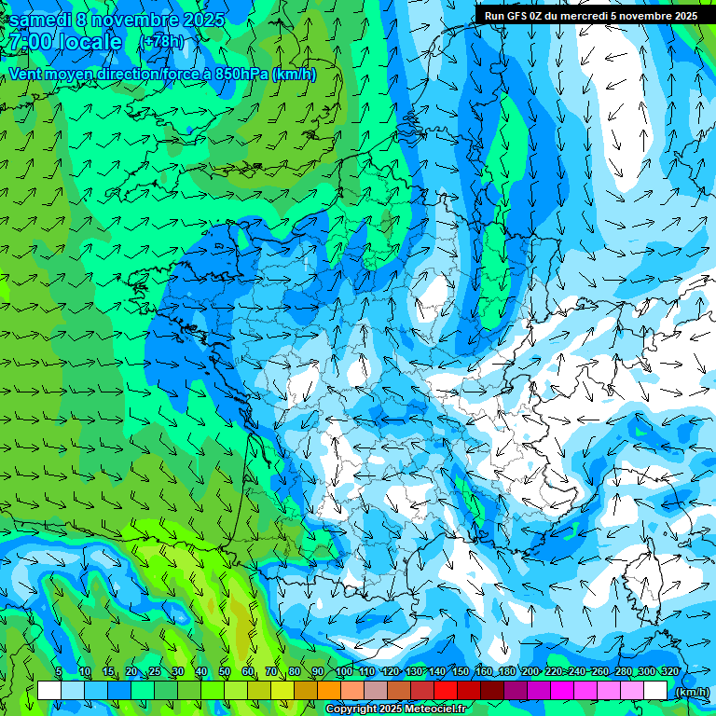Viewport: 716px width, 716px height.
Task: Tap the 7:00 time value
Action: click(x=28, y=42)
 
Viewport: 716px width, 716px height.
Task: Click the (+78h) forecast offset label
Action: click(x=161, y=41)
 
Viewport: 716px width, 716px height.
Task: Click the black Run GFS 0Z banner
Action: click(x=590, y=15)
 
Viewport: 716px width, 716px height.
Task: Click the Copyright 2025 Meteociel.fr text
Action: click(x=395, y=709)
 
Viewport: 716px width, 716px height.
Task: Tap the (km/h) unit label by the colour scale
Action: click(x=691, y=692)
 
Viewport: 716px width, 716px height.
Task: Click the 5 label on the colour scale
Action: click(x=59, y=672)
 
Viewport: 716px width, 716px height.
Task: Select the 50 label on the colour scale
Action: click(x=225, y=672)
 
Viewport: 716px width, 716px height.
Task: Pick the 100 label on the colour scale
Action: click(x=343, y=672)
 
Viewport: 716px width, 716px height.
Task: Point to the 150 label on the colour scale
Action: click(x=461, y=672)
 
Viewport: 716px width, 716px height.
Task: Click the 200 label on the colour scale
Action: click(x=530, y=672)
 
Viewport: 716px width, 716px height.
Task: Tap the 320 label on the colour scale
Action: click(x=669, y=672)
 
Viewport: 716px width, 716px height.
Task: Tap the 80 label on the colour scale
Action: click(x=295, y=672)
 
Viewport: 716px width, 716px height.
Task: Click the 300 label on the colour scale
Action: click(x=646, y=672)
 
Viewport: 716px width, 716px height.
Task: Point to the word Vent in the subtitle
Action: click(x=25, y=75)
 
